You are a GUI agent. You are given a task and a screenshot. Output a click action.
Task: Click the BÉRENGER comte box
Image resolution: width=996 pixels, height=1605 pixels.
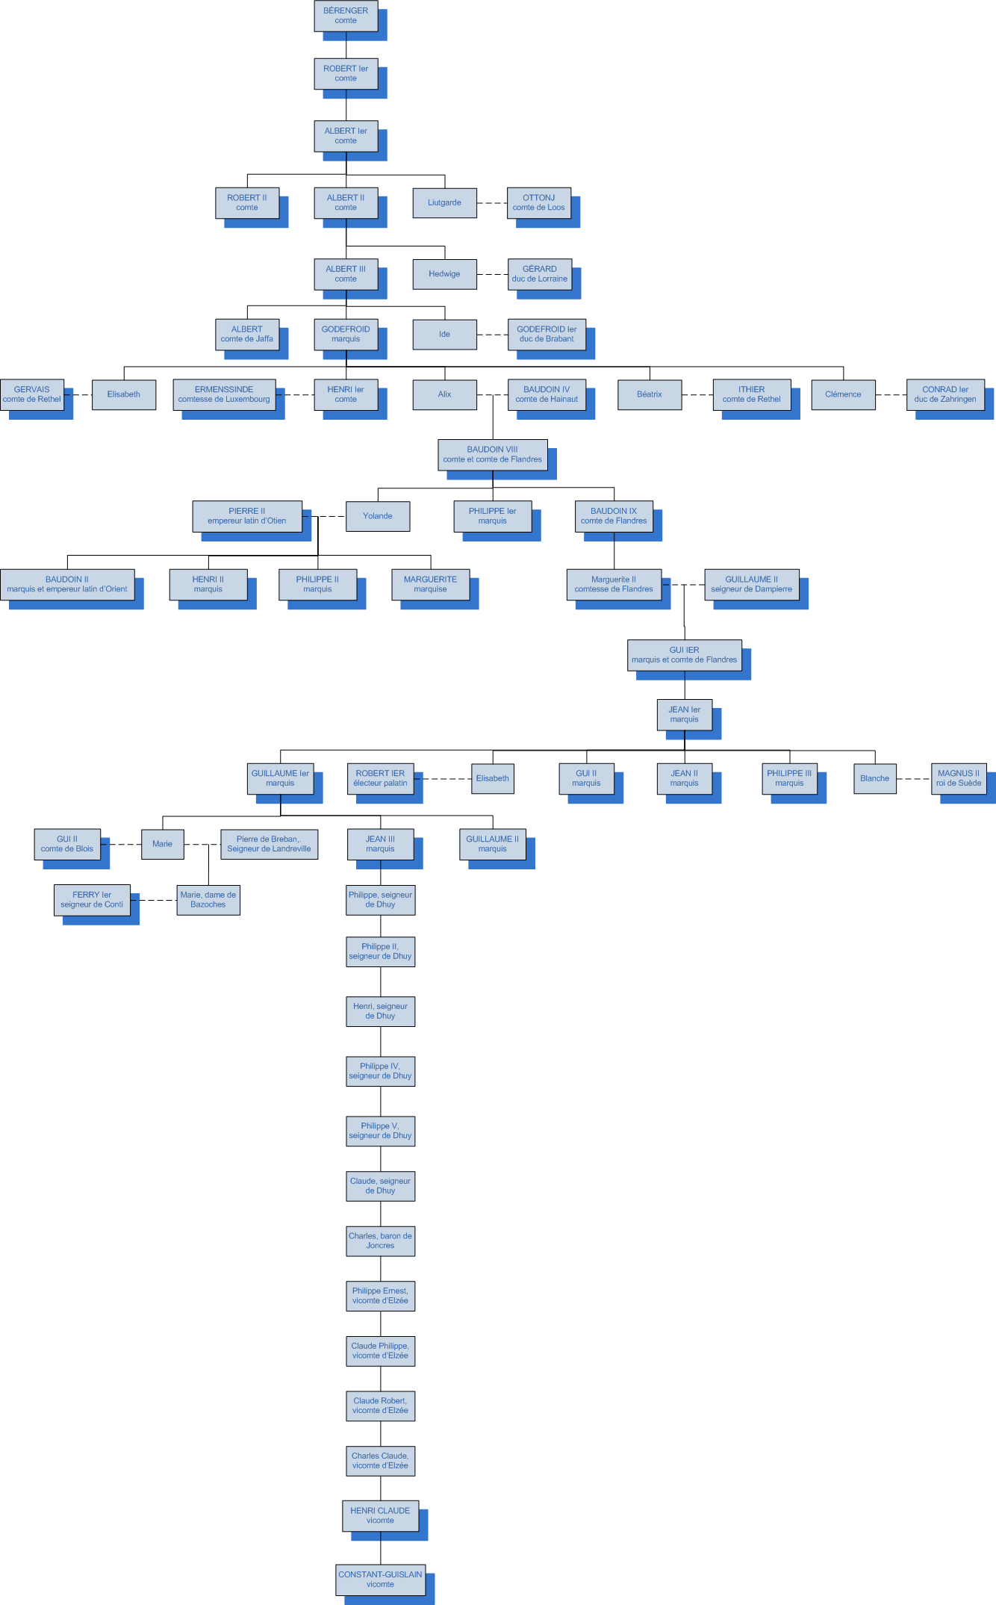[x=346, y=16]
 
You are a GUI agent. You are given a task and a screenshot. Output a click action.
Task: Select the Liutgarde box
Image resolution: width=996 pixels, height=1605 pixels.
[x=444, y=202]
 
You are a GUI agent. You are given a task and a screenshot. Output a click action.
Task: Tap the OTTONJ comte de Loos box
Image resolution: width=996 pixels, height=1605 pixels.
[x=538, y=202]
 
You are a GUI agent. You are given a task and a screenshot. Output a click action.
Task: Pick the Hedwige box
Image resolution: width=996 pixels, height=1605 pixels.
[x=444, y=274]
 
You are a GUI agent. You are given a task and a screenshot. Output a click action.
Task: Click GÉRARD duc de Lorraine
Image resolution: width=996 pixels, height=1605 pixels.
[x=539, y=274]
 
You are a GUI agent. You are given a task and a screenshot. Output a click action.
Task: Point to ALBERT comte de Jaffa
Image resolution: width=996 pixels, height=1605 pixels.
[x=247, y=334]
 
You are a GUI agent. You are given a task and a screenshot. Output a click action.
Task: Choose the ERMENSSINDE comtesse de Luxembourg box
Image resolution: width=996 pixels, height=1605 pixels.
[x=224, y=394]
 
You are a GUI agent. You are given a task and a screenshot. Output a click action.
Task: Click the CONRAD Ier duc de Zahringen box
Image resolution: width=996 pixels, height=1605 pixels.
[x=945, y=394]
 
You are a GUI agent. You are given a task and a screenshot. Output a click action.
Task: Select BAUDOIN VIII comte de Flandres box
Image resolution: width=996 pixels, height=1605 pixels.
[x=492, y=454]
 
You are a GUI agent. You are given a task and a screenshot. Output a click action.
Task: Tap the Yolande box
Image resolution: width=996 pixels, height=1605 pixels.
[x=378, y=516]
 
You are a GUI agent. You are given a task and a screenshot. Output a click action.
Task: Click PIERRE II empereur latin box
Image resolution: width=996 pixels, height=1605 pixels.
[x=247, y=516]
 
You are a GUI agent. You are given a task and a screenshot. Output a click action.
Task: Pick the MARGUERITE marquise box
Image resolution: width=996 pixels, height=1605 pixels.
[x=430, y=584]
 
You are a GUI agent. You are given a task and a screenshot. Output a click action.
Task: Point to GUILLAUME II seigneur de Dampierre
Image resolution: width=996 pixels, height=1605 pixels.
[x=751, y=584]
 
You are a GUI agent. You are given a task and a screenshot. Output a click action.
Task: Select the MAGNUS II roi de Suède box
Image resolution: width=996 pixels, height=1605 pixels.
[x=959, y=778]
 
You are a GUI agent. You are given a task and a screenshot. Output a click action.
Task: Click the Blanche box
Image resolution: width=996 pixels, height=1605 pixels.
[x=874, y=778]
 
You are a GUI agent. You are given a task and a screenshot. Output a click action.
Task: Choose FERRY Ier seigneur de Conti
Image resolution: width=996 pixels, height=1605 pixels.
[x=92, y=900]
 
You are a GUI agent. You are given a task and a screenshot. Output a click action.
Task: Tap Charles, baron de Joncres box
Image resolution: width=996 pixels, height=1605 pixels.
[x=380, y=1241]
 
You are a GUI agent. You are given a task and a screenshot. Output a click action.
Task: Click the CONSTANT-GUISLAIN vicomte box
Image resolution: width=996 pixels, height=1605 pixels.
[x=380, y=1579]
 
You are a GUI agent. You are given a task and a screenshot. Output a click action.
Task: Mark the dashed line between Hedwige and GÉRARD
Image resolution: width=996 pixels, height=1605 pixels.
[x=492, y=274]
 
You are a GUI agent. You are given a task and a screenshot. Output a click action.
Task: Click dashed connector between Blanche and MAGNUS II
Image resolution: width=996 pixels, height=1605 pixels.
[x=913, y=778]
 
